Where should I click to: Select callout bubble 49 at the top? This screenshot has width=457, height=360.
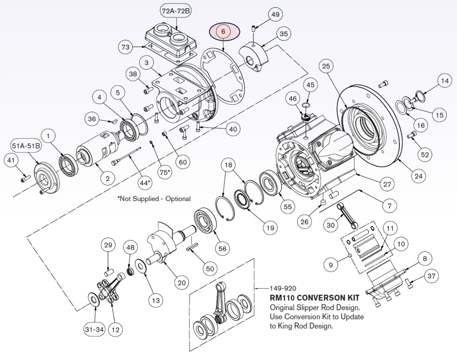coord(275,15)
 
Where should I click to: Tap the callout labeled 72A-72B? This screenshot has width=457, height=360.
coord(176,11)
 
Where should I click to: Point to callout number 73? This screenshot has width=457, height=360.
coord(126,46)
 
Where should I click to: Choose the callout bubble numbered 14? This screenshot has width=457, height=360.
coord(444,81)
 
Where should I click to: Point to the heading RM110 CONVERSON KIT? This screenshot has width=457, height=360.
coord(315,298)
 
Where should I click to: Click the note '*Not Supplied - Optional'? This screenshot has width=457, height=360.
coord(154,199)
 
